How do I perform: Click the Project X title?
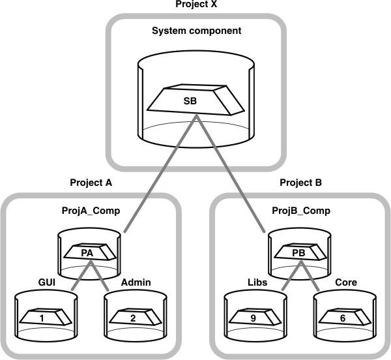point(195,5)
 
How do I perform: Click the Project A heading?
point(91,183)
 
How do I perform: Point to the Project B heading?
point(300,183)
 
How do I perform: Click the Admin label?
point(137,283)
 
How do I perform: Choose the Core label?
point(345,283)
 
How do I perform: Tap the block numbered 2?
point(133,318)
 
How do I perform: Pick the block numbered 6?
point(341,318)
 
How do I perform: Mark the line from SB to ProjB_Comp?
point(231,176)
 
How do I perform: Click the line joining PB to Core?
point(311,277)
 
